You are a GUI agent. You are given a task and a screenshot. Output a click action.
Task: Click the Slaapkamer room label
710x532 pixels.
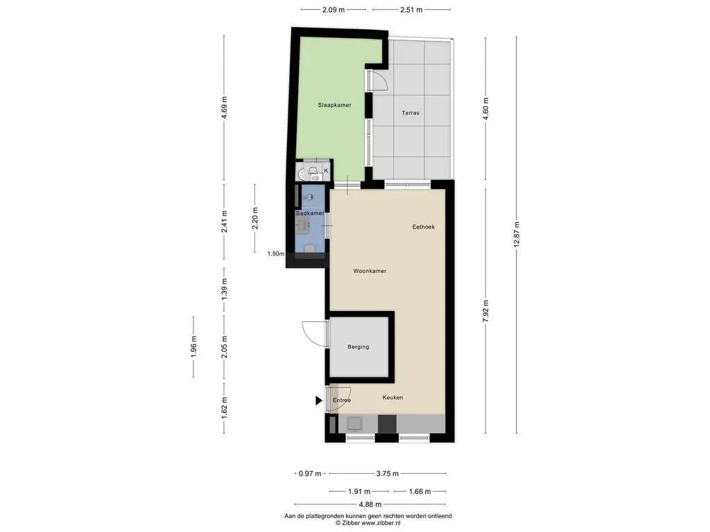point(335,105)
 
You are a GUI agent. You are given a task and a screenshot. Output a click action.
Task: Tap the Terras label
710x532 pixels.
point(410,113)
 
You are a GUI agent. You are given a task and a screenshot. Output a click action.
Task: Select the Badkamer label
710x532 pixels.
point(310,213)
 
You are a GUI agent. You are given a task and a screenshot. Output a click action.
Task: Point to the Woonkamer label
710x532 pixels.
point(370,271)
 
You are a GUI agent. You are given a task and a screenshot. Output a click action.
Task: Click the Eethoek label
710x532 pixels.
point(424,227)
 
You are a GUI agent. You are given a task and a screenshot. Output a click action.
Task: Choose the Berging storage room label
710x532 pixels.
point(358,347)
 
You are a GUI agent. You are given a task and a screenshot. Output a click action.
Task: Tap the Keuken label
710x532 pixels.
point(392,397)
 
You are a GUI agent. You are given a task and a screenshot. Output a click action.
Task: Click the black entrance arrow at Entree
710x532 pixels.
point(319,400)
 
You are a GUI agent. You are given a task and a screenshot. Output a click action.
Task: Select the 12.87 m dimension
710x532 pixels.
point(517,234)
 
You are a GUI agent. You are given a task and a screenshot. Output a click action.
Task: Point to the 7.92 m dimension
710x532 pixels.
point(486,311)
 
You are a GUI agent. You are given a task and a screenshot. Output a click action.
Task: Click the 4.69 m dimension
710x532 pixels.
point(224,107)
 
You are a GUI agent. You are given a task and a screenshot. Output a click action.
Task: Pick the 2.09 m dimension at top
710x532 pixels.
point(334,10)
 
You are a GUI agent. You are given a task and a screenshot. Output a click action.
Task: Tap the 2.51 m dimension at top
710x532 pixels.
point(411,10)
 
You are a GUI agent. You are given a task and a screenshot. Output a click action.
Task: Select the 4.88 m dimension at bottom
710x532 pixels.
point(370,504)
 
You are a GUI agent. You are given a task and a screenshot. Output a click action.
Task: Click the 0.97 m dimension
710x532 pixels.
point(310,474)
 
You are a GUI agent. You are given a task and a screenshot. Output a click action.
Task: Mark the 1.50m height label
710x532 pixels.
point(276,254)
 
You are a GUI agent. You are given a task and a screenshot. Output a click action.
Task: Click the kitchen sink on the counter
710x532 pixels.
point(354,424)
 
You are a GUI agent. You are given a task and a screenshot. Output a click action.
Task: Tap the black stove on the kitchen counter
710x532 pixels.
point(387,424)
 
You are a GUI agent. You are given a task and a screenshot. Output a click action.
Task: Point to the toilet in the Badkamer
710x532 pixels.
point(310,249)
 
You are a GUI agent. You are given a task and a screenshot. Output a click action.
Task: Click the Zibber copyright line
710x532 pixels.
point(367,523)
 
